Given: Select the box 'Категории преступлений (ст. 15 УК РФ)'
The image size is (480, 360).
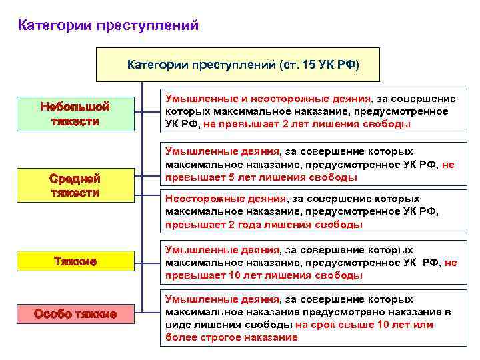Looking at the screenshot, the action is [x=238, y=65].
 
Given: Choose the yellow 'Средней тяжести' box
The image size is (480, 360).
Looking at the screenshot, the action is [x=75, y=185].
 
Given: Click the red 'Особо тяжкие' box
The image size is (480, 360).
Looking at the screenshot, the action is [x=75, y=313].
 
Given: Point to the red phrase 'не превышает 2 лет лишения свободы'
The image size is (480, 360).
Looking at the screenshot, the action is [x=307, y=124].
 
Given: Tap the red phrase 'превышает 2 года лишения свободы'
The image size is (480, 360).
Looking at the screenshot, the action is [x=264, y=225].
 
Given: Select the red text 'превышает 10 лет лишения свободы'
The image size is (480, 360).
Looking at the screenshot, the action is [x=264, y=275].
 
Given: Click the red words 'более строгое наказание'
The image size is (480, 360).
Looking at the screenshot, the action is [x=231, y=337].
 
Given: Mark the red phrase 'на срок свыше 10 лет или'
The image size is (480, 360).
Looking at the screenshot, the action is [x=364, y=325].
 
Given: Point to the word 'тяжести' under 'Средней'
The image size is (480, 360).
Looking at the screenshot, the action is [x=75, y=193].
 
